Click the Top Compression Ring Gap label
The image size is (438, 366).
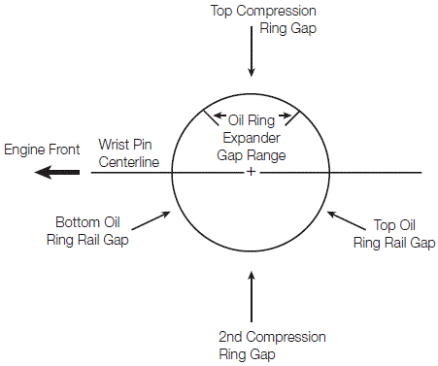[263, 19]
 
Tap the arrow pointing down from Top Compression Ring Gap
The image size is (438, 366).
[252, 51]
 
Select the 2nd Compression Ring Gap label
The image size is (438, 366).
[272, 346]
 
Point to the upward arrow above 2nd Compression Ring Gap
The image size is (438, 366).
[252, 296]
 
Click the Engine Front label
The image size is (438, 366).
[42, 150]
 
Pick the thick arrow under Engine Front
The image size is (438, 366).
[57, 172]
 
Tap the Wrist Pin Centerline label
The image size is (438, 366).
[129, 153]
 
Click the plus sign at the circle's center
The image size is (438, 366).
[251, 172]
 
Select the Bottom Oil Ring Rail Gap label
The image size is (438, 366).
[87, 231]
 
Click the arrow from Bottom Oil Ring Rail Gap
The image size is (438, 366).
[151, 220]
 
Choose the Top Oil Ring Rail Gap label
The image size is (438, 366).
[394, 234]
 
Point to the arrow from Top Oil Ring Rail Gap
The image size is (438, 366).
[347, 220]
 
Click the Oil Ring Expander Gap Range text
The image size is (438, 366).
[252, 138]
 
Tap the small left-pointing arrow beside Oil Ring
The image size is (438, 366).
[219, 116]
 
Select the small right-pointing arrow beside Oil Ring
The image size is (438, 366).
[286, 116]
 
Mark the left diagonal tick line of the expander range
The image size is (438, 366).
[211, 117]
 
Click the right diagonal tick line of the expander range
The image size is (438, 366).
[293, 117]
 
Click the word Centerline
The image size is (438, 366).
[129, 162]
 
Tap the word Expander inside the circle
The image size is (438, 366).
[252, 138]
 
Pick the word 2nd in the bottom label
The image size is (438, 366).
[230, 337]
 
